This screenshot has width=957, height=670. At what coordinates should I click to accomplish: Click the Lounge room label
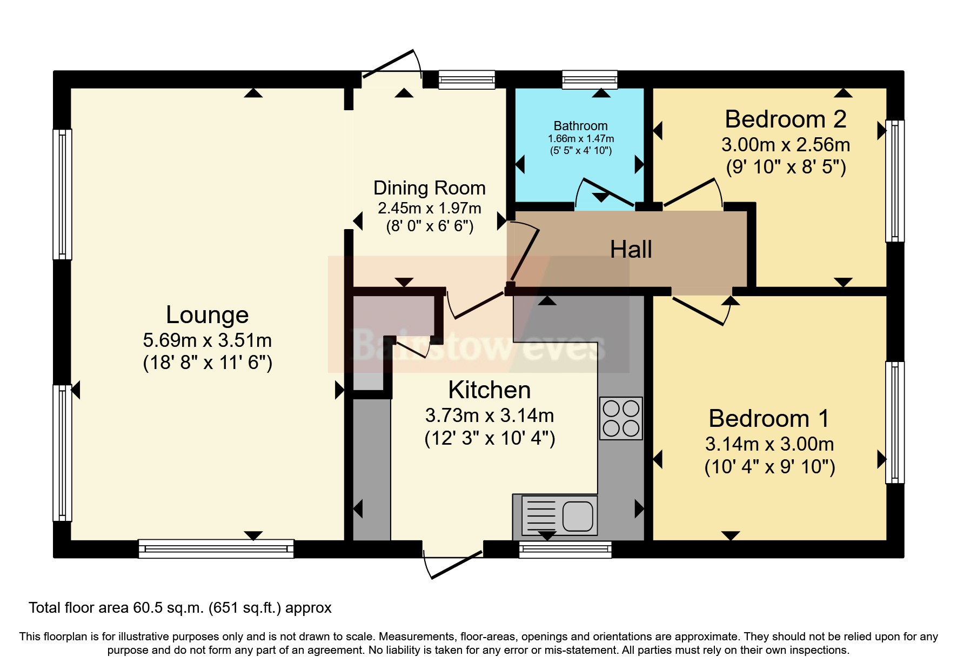point(207,314)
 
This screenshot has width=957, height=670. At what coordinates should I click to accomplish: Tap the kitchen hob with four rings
point(621,418)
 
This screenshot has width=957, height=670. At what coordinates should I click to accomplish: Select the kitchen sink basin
point(578,516)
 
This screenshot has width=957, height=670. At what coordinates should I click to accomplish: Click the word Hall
point(631,250)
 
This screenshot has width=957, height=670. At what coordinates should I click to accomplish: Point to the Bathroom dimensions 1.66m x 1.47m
point(581,139)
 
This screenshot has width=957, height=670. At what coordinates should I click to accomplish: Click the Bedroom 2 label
point(785,119)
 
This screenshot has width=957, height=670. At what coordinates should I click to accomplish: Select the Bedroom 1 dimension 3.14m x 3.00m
point(769,444)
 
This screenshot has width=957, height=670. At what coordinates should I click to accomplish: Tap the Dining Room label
point(429,188)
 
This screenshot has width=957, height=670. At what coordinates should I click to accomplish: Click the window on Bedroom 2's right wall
point(894,180)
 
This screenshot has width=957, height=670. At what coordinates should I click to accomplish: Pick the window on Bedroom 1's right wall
point(894,422)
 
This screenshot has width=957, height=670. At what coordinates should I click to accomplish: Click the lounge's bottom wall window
point(216,548)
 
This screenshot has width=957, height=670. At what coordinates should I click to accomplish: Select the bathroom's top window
point(590,80)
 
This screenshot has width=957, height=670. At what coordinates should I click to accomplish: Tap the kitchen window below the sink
point(565,550)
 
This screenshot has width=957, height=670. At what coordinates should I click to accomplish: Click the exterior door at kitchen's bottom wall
point(452,562)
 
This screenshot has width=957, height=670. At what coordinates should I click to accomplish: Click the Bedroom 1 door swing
point(702,312)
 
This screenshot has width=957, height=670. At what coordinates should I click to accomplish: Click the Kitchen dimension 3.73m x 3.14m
point(489,416)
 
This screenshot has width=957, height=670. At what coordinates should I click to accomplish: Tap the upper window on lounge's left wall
point(62,194)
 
